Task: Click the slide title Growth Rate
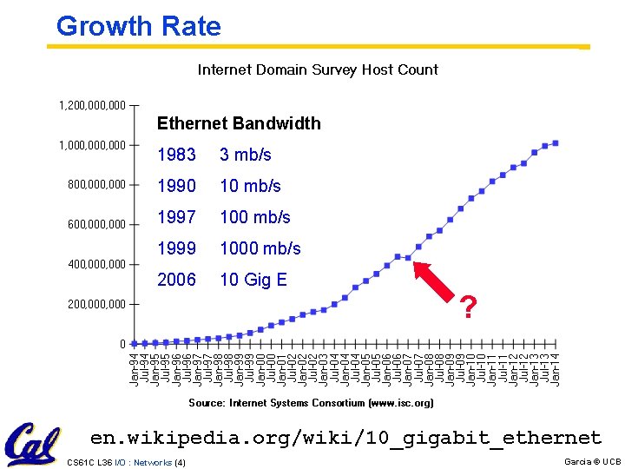coord(138,26)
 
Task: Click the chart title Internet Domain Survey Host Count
coord(318,69)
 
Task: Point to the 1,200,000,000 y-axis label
coord(92,106)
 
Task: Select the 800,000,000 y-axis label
coord(96,184)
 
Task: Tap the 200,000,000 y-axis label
coord(96,304)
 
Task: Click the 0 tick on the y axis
coord(122,344)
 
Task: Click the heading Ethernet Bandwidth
coord(239,123)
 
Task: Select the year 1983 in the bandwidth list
coord(176,155)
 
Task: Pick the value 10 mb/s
coord(250,186)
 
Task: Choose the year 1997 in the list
coord(176,217)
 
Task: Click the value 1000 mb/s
coord(260,248)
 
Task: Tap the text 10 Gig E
coord(253,280)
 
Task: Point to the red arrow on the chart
coord(437,283)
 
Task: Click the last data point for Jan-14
coord(556,143)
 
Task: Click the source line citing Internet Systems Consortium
coord(311,403)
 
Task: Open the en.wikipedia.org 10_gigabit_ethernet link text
coord(345,437)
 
